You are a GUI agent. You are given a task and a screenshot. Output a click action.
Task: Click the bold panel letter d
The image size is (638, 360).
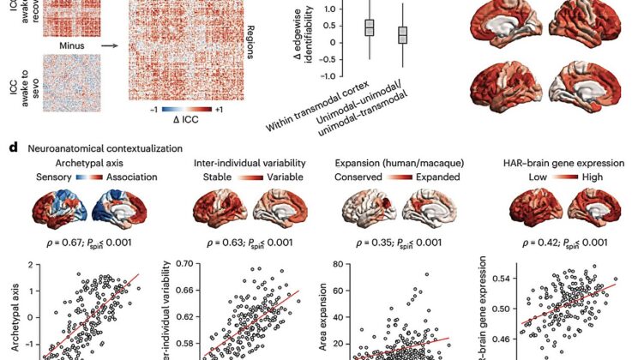pyautogui.click(x=14, y=147)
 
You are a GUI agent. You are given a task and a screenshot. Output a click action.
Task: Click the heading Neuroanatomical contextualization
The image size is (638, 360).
pyautogui.click(x=99, y=147)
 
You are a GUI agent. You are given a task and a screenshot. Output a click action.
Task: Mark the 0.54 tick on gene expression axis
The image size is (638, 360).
pyautogui.click(x=501, y=279)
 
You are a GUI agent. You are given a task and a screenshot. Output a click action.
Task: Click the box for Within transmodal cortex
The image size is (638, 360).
pyautogui.click(x=370, y=27)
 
